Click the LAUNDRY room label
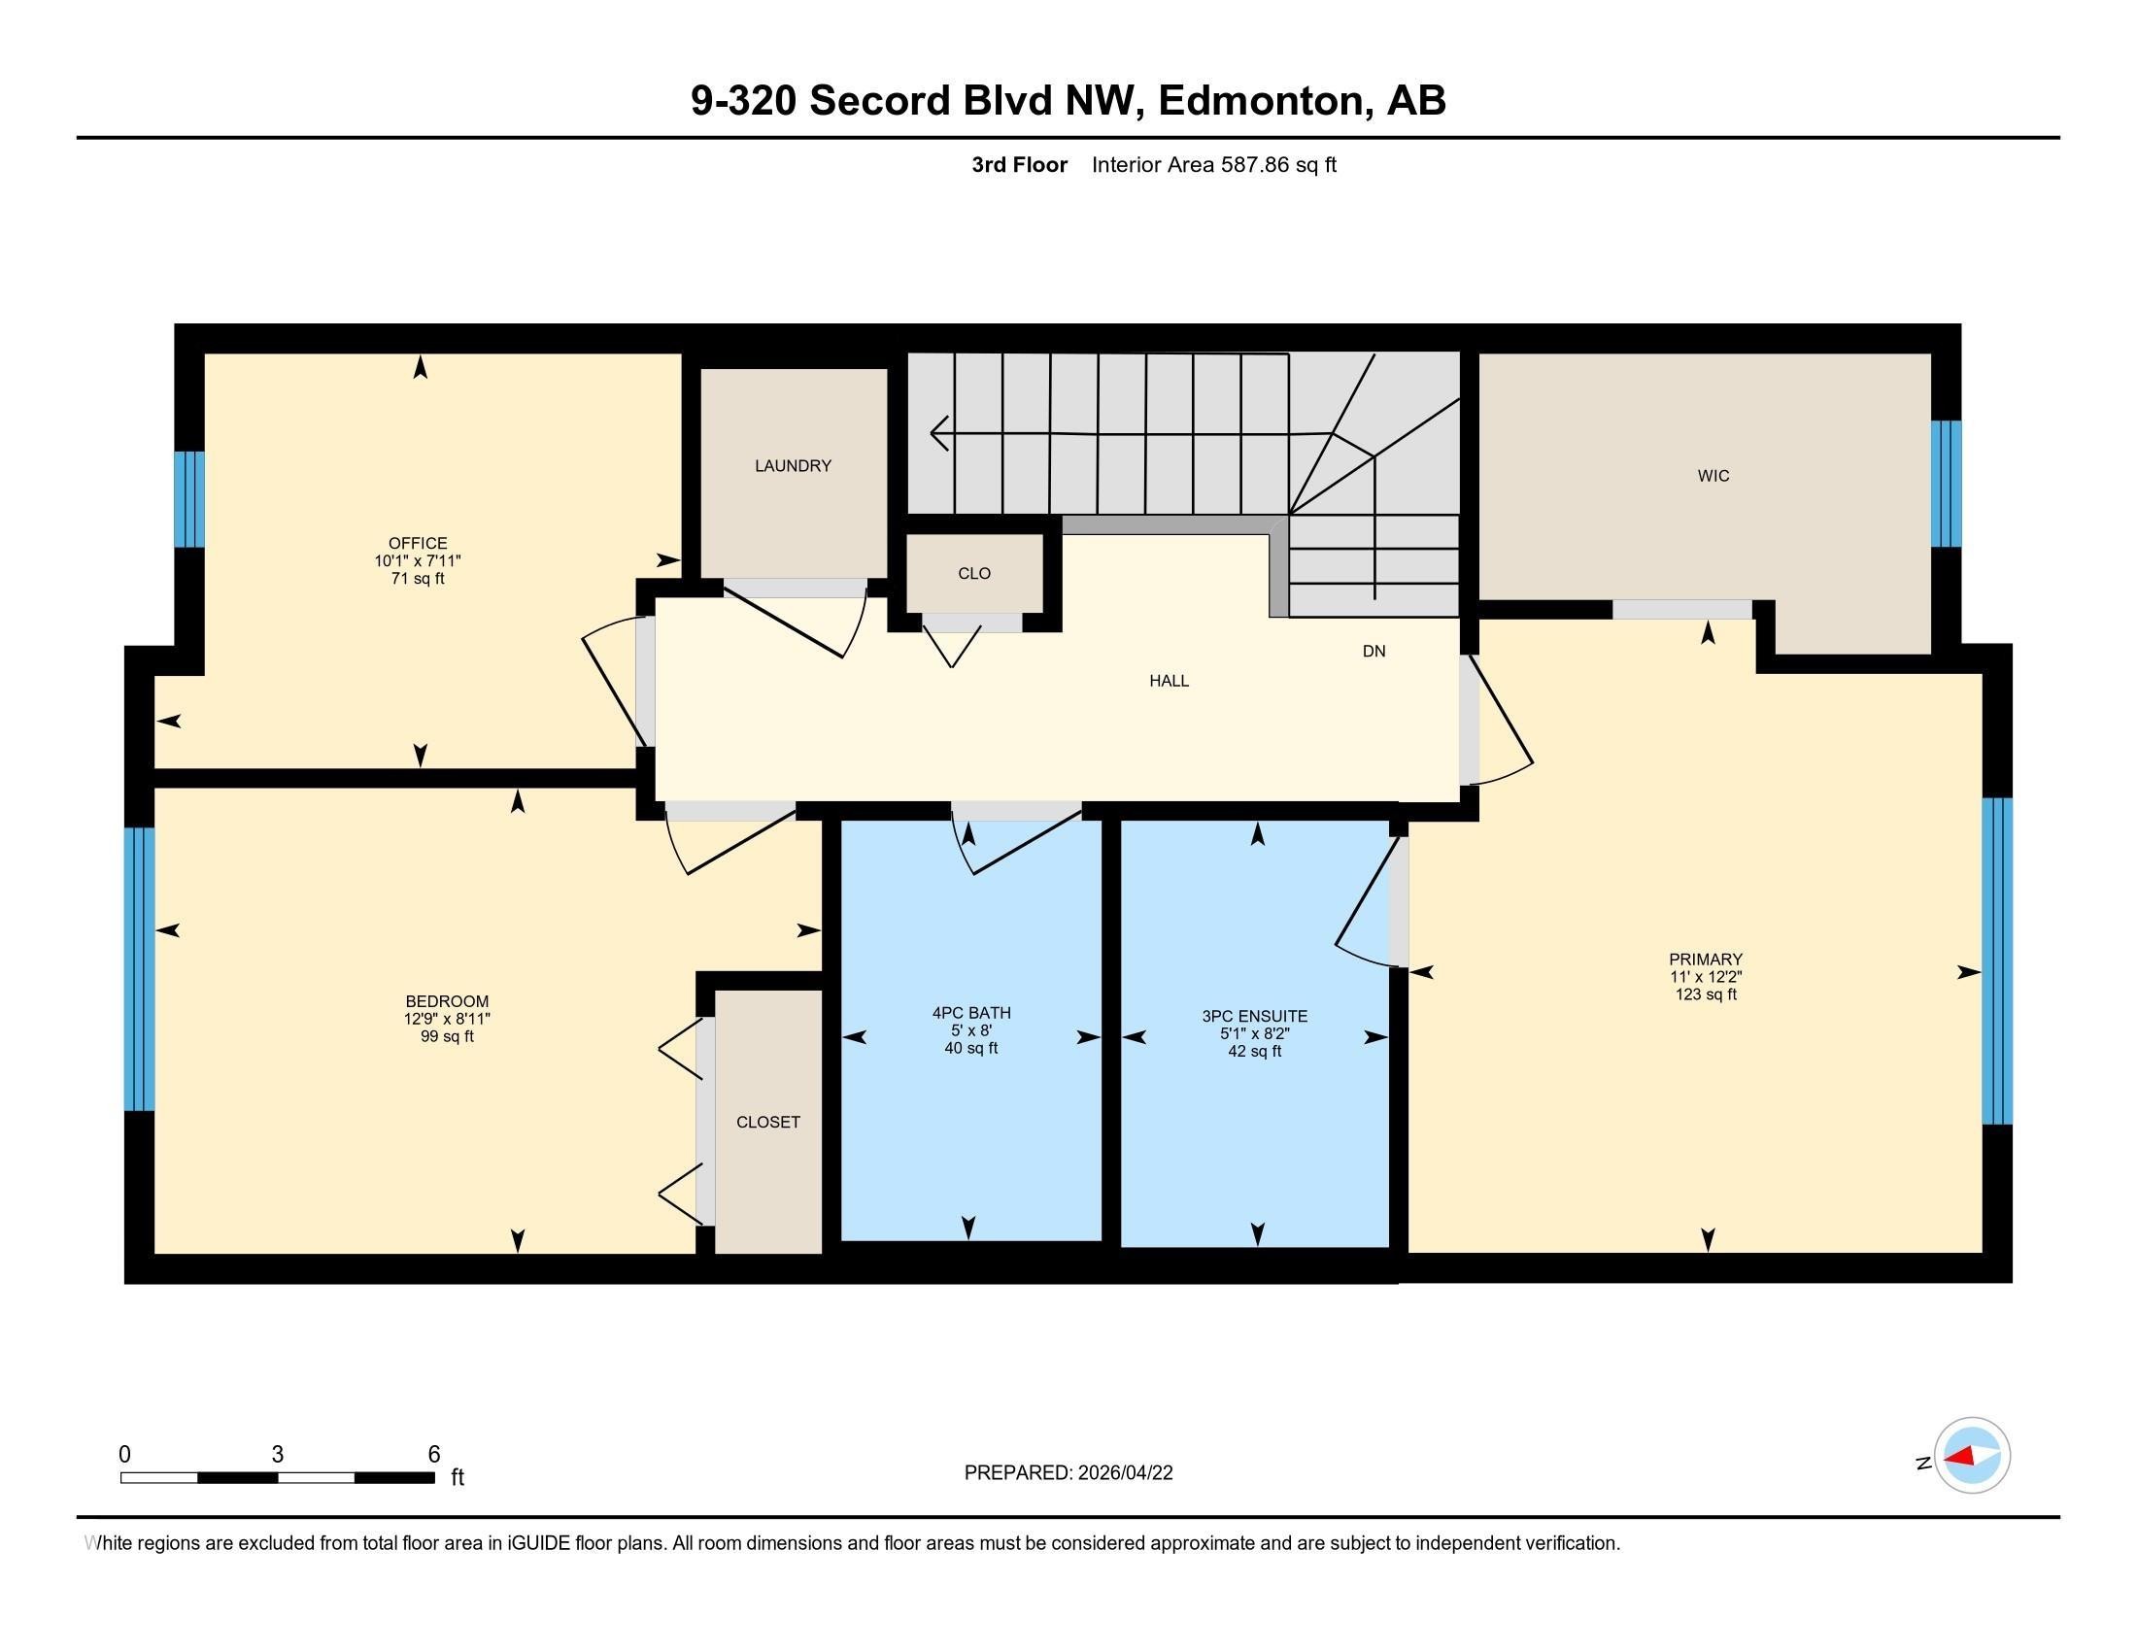793,466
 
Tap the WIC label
1713,476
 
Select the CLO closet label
973,574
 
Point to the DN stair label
1374,652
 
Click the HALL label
1169,681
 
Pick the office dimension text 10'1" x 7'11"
418,561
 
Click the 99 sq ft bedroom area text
447,1037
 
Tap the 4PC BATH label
971,1013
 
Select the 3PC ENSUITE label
1254,1016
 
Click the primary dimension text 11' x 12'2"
1706,977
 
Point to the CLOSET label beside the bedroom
768,1122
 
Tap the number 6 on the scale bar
433,1455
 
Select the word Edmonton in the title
1262,101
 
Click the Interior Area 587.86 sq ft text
1213,165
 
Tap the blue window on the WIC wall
1947,484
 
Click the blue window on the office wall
188,499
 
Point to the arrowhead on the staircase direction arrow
937,432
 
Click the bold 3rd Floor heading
1019,165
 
